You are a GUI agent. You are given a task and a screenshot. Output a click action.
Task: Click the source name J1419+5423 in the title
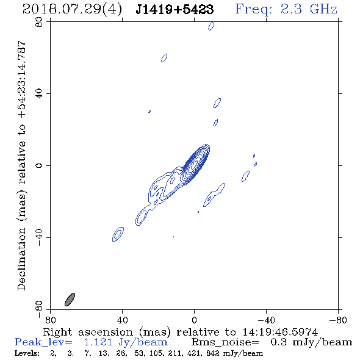[175, 9]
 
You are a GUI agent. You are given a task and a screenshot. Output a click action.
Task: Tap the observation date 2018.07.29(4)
[72, 9]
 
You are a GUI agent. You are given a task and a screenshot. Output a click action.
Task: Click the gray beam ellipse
[70, 300]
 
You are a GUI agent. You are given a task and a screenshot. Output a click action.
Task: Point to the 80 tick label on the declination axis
[40, 22]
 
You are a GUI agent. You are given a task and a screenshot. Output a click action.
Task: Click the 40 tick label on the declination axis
[40, 94]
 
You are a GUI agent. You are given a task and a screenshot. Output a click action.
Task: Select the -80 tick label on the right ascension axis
[338, 320]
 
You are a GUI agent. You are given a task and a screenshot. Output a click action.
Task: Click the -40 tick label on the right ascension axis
[266, 320]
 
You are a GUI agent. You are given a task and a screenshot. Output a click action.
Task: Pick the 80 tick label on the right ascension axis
[50, 320]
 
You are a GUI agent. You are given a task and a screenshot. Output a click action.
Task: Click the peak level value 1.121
[98, 342]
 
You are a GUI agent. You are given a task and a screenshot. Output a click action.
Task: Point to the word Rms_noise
[225, 342]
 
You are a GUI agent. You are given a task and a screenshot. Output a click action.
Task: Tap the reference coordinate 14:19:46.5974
[280, 332]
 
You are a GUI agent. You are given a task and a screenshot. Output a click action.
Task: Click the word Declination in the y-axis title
[21, 259]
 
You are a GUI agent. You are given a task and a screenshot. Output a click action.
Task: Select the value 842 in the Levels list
[214, 353]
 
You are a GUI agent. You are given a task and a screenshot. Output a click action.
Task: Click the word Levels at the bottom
[27, 353]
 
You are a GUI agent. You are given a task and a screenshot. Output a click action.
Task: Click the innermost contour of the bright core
[195, 164]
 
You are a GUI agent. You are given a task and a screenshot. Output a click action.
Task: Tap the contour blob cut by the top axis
[211, 26]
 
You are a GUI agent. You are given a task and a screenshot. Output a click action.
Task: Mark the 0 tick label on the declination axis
[40, 165]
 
